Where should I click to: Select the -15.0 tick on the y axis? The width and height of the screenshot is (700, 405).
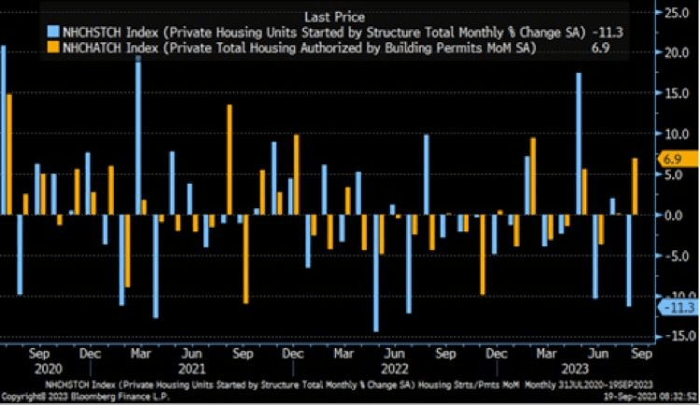click(674, 335)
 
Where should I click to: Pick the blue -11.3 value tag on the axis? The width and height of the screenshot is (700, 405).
click(673, 305)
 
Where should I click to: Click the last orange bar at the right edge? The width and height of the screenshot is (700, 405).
click(635, 186)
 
